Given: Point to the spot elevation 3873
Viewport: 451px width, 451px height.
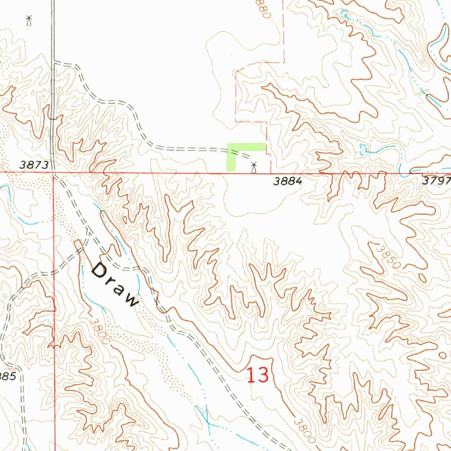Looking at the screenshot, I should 34,165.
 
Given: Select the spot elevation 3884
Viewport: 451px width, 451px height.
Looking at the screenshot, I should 287,181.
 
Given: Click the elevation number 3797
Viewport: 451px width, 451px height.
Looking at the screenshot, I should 436,181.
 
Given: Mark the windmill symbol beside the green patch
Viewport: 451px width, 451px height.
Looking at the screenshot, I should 254,167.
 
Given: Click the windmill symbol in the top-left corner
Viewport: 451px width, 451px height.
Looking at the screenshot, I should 29,20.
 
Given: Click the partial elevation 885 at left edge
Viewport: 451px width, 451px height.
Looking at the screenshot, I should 8,377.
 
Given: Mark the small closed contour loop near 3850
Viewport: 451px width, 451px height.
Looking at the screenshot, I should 423,278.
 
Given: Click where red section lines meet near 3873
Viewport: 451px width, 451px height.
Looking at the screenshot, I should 54,173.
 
